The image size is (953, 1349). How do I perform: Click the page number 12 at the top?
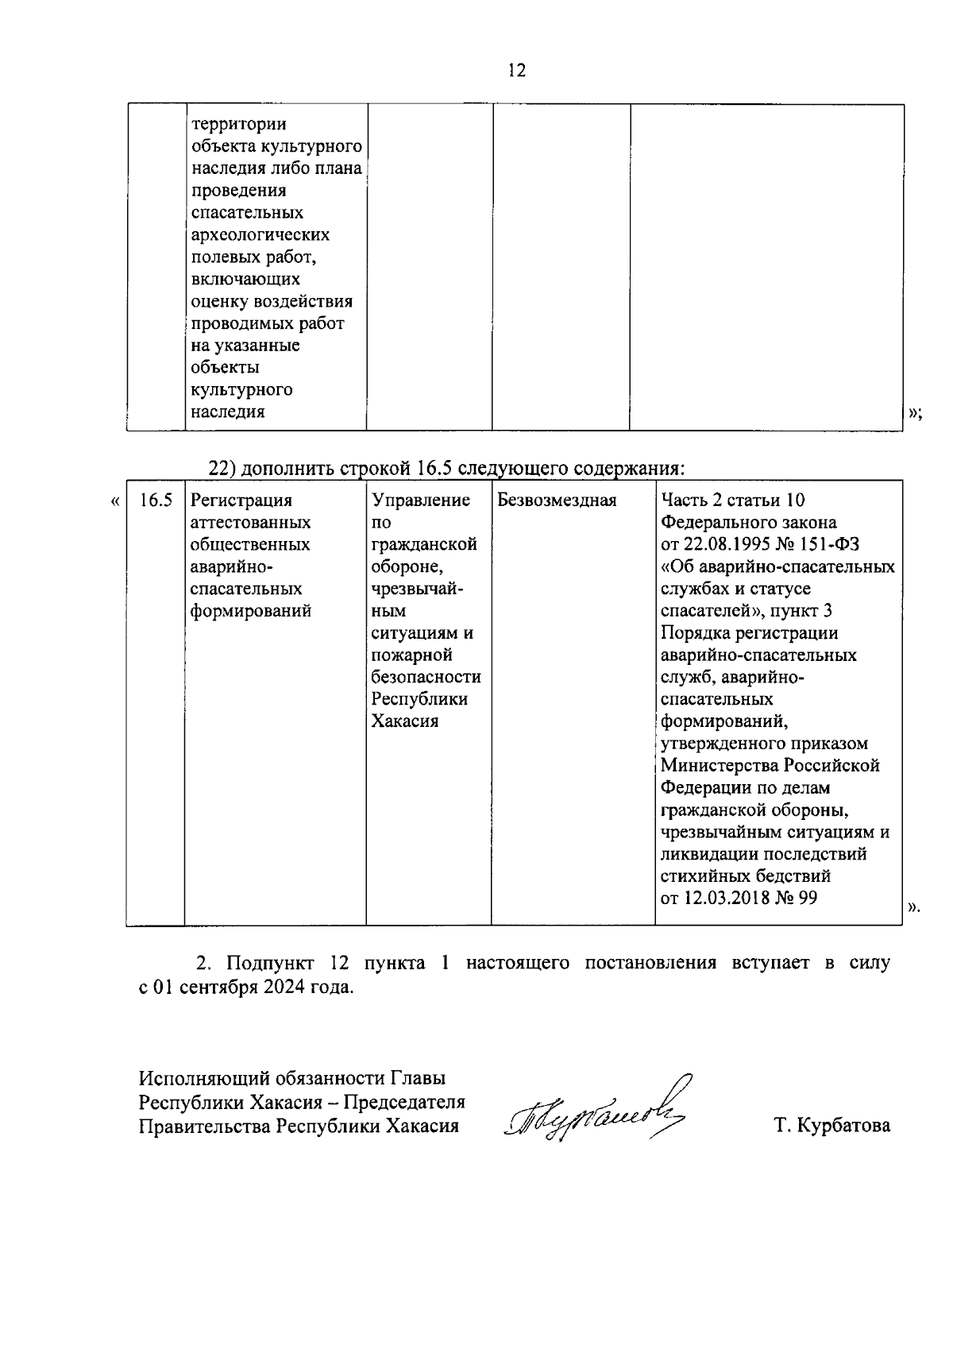(515, 71)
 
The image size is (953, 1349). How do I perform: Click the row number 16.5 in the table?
(156, 501)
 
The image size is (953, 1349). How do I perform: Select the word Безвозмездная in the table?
(557, 501)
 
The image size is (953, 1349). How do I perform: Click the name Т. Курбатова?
(832, 1126)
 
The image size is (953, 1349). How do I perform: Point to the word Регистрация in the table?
(241, 501)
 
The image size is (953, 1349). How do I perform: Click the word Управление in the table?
(421, 501)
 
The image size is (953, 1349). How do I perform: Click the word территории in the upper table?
(239, 125)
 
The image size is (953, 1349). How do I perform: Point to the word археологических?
(260, 235)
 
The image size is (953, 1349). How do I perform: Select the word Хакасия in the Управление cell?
(405, 722)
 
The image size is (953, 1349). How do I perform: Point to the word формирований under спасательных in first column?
(251, 612)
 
